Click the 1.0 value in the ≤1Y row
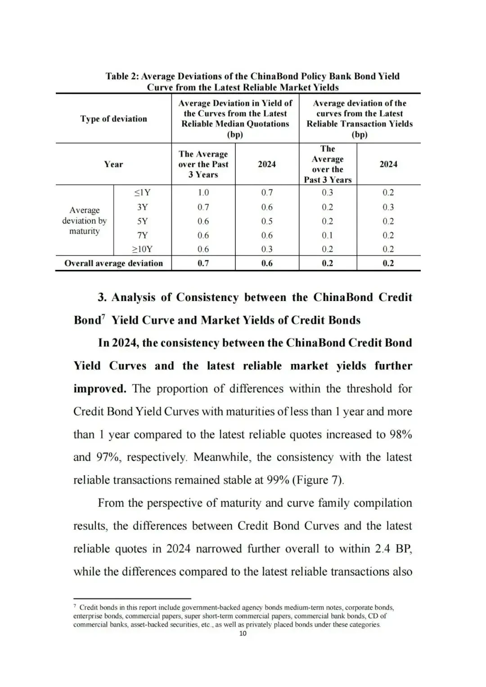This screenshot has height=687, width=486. point(203,193)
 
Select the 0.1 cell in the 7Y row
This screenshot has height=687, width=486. point(327,235)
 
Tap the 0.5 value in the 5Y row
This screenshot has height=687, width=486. point(267,221)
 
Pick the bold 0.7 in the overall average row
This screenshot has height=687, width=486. point(203,263)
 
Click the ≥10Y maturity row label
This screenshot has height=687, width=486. point(142,249)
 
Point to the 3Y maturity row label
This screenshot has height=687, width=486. point(142,207)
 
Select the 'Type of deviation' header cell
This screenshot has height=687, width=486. point(113,119)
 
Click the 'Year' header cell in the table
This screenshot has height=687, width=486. point(113,164)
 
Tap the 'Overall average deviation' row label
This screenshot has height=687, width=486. point(113,263)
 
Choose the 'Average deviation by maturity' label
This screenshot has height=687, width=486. point(85,220)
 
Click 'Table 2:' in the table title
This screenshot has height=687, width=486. point(122,76)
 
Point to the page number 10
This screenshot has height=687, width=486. point(243,633)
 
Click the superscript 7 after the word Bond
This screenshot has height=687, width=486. point(103,317)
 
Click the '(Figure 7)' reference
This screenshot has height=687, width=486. point(318,480)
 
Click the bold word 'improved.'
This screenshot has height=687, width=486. point(100,389)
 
